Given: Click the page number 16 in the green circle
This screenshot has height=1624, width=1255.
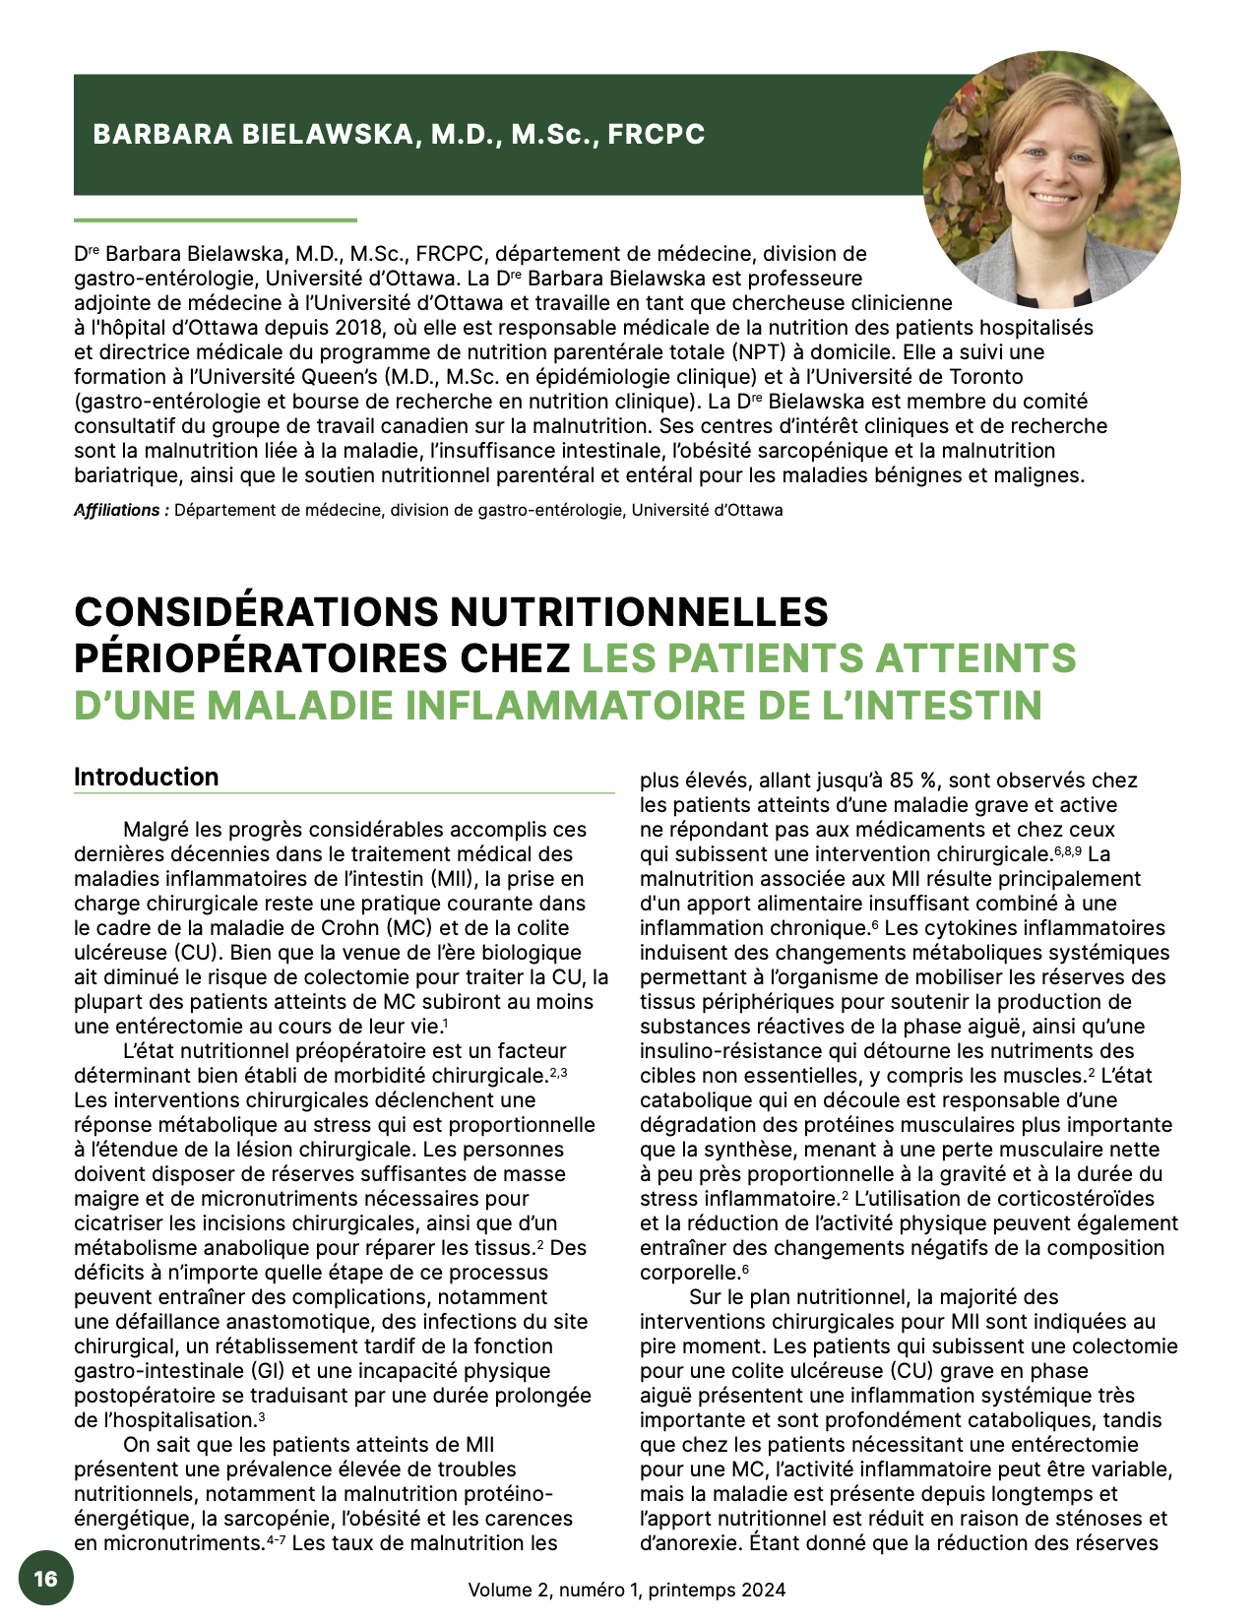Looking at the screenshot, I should pos(45,1578).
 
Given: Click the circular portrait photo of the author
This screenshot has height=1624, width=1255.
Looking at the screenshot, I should pos(1051,179).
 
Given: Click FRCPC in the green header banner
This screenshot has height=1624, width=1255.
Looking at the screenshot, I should pos(656,134).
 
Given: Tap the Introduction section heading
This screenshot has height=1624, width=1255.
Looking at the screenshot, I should pos(146,777).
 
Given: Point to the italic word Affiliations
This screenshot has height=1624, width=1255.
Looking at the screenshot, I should pos(117,510).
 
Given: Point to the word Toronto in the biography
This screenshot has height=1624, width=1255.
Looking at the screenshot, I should pos(985,377).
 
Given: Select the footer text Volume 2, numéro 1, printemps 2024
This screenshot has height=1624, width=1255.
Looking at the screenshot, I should pos(627,1590).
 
